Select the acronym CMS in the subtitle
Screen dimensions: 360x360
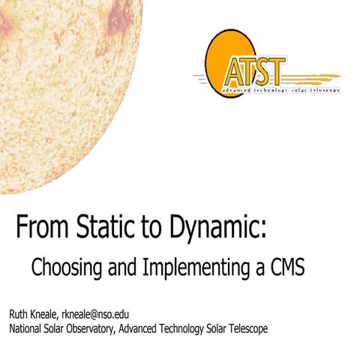pos(284,266)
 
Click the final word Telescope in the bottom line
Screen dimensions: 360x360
pos(274,328)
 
